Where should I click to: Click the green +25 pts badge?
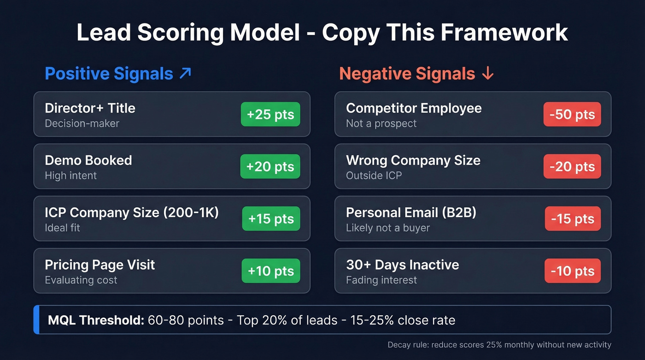pos(270,114)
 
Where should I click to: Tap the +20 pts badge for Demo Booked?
pos(270,166)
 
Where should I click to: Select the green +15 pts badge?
pos(271,218)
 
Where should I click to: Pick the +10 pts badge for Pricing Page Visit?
pos(271,271)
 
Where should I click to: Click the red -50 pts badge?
pos(572,114)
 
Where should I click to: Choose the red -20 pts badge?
pos(572,166)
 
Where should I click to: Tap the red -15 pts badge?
pos(573,218)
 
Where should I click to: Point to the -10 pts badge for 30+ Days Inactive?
pos(573,271)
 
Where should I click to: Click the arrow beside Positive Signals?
pos(185,73)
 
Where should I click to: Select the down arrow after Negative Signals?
pos(487,74)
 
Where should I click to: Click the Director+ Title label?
pos(90,108)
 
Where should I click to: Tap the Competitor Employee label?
pos(414,108)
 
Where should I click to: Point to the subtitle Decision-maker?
pos(82,124)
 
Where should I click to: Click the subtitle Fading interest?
pos(381,280)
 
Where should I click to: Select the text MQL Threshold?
pos(96,320)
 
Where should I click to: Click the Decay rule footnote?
pos(499,345)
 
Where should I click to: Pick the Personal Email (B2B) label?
pos(411,212)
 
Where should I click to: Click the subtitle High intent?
pos(70,176)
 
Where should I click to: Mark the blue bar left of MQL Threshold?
pos(36,319)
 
